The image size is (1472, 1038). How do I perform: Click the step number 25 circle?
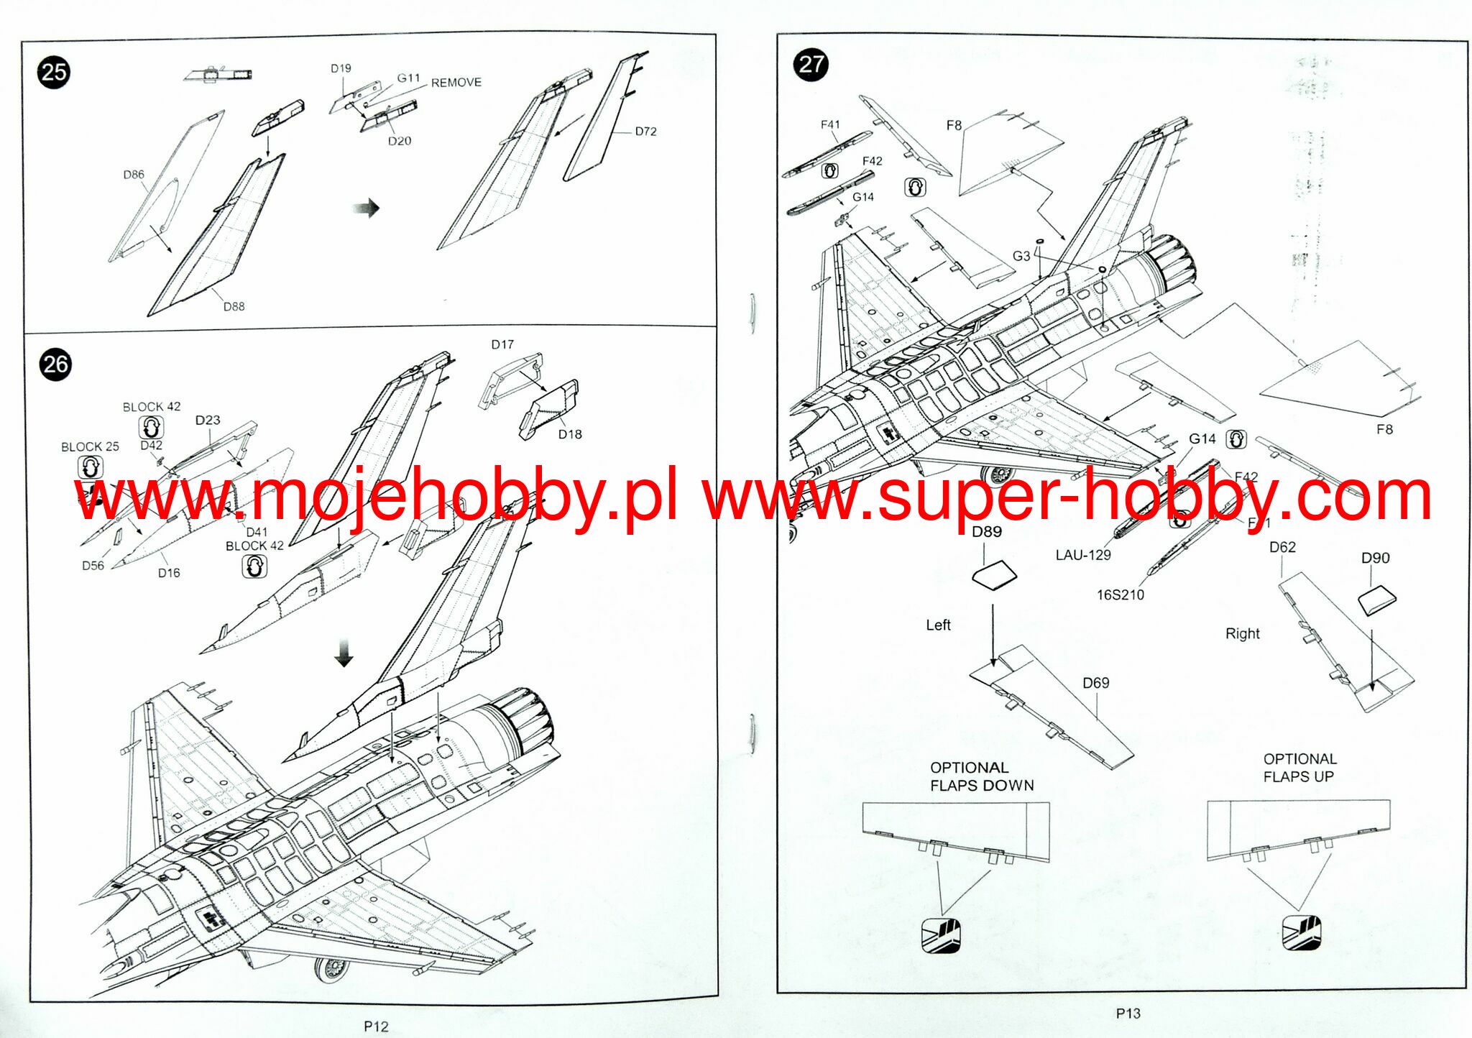[x=54, y=72]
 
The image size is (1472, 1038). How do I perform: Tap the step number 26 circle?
[x=55, y=364]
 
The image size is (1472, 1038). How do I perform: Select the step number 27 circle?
[x=811, y=65]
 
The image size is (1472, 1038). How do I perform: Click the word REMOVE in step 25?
[x=456, y=83]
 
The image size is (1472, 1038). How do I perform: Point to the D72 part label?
[x=645, y=132]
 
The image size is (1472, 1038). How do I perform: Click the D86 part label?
[x=134, y=175]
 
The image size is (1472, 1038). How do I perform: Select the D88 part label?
[x=234, y=306]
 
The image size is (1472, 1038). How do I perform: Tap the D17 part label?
[x=502, y=344]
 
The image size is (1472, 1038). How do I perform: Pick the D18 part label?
[x=570, y=434]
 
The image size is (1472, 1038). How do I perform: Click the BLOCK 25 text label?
[x=90, y=446]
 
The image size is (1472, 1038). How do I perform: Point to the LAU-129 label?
[x=1083, y=555]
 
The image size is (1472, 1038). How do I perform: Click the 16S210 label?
[x=1120, y=594]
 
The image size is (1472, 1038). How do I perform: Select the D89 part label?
[x=986, y=532]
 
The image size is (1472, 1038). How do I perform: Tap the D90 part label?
[x=1375, y=558]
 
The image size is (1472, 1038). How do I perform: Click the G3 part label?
[x=1021, y=256]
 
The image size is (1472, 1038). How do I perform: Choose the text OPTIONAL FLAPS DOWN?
[x=982, y=776]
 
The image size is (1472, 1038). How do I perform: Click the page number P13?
[x=1128, y=1013]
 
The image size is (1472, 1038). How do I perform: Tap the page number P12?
[x=376, y=1026]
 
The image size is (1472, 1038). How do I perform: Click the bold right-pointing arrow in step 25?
[x=367, y=208]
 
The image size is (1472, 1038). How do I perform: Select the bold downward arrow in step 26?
[x=344, y=652]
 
